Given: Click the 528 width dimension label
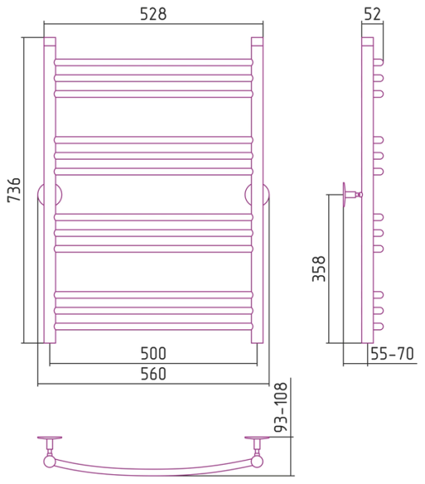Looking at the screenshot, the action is click(153, 14).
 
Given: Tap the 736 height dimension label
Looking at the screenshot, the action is click(14, 190).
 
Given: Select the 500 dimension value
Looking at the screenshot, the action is click(153, 353).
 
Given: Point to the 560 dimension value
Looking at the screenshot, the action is click(153, 373).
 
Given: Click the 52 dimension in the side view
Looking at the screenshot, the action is click(373, 14).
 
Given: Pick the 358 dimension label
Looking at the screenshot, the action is click(319, 269).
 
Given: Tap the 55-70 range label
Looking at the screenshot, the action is click(392, 354).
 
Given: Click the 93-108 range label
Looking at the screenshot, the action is click(281, 407).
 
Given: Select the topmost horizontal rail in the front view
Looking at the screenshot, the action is click(153, 62).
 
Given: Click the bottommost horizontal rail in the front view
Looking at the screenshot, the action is click(153, 326).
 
